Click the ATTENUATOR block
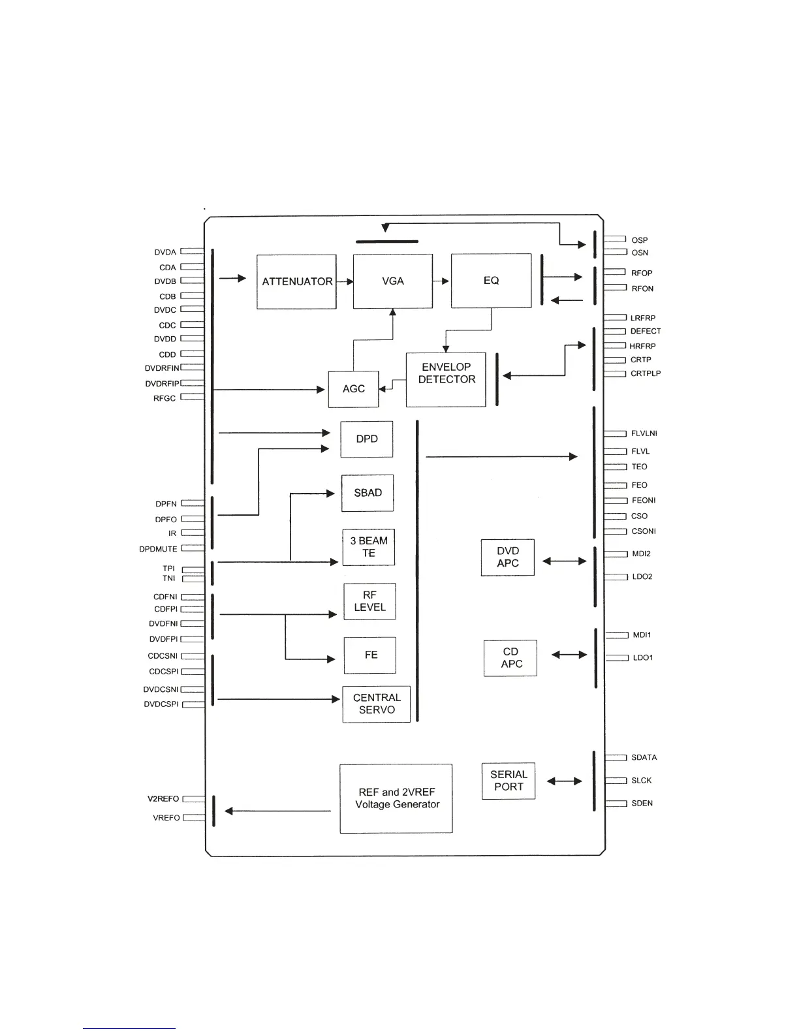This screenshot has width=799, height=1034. pyautogui.click(x=296, y=281)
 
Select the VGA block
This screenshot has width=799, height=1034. pyautogui.click(x=392, y=281)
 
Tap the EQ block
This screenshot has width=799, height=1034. pyautogui.click(x=491, y=281)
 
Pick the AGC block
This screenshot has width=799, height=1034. pyautogui.click(x=353, y=389)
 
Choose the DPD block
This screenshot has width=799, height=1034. pyautogui.click(x=366, y=439)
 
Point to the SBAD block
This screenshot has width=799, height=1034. pyautogui.click(x=368, y=493)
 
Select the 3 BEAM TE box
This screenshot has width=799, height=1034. pyautogui.click(x=369, y=547)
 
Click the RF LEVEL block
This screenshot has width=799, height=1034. pyautogui.click(x=369, y=601)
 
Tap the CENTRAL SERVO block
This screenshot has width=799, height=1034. pyautogui.click(x=377, y=704)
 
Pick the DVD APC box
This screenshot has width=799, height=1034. pyautogui.click(x=507, y=557)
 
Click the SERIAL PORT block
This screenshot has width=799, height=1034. pyautogui.click(x=509, y=781)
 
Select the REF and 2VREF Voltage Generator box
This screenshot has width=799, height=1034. pyautogui.click(x=396, y=798)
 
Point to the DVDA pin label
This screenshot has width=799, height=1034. pyautogui.click(x=165, y=253)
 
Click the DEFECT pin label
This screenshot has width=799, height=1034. pyautogui.click(x=645, y=332)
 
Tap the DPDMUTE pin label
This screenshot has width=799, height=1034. pyautogui.click(x=158, y=549)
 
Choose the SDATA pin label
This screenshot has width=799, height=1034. pyautogui.click(x=644, y=758)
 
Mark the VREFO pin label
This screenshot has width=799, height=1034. pyautogui.click(x=166, y=818)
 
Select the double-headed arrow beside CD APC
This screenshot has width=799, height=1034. pyautogui.click(x=569, y=655)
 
